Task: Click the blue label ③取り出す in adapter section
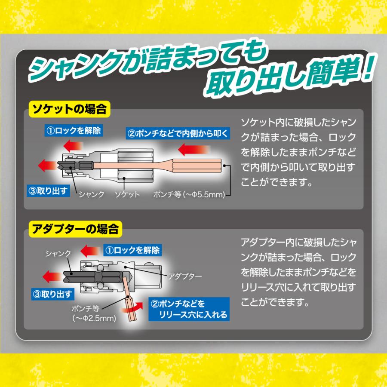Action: click(52, 294)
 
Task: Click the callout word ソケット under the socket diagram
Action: click(127, 194)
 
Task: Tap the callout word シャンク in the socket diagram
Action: click(91, 194)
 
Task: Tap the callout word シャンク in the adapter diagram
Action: click(58, 253)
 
